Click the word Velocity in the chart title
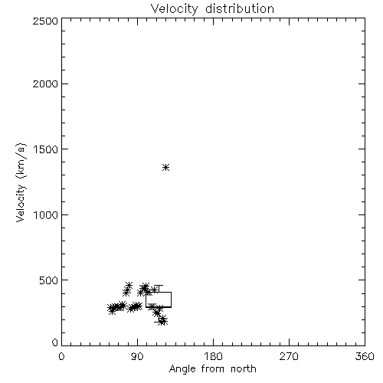174,9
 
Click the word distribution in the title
240,8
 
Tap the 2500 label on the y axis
45,21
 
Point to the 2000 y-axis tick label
45,83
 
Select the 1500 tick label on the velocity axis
46,149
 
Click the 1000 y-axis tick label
46,214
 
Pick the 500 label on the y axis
49,280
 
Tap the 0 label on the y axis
55,342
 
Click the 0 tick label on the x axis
61,356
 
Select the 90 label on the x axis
137,356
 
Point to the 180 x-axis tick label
213,356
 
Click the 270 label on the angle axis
289,356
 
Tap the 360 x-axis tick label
365,356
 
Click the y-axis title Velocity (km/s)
21,182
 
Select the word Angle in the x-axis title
182,369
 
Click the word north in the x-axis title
244,369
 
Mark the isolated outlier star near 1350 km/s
166,168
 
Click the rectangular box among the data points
146,300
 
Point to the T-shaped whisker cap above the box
159,286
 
